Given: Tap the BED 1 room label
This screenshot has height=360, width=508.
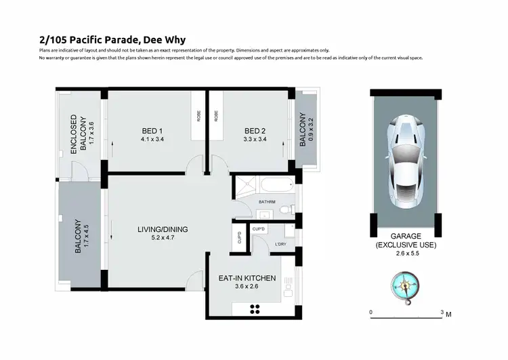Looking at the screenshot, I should [150, 131].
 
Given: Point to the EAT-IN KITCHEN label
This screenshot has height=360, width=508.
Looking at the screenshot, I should [247, 277].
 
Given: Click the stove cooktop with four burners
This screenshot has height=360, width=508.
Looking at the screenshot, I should [256, 309].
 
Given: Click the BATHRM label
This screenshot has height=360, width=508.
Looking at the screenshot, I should [266, 202].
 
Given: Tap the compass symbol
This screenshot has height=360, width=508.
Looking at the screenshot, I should [404, 285].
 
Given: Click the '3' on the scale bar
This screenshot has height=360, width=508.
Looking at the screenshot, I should [442, 313].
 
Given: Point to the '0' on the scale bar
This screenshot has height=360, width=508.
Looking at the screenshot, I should [371, 313].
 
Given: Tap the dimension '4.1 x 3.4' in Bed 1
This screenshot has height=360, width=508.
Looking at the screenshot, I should [150, 140].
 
